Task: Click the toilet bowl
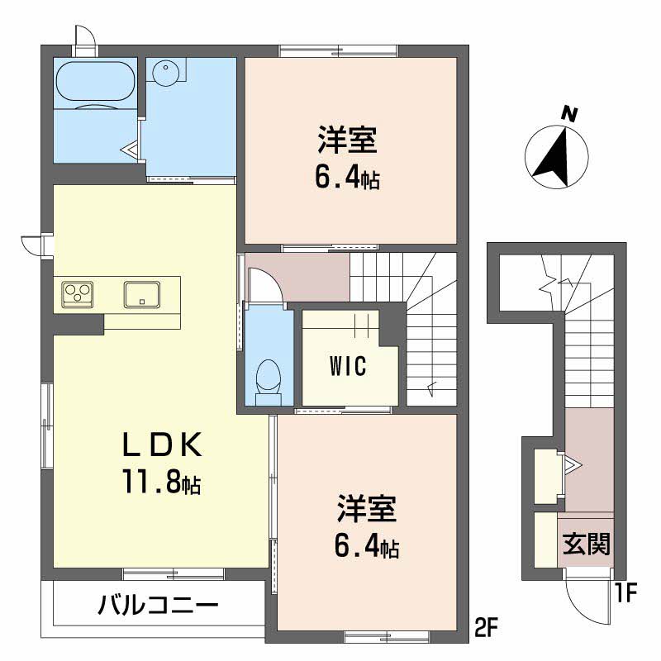[268, 382]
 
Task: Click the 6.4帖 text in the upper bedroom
[347, 178]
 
